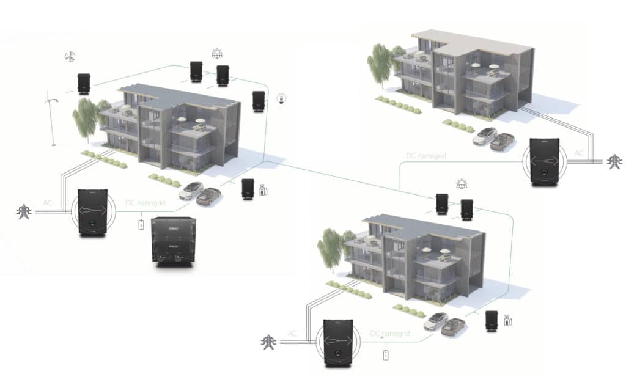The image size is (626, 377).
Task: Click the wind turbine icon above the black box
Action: pyautogui.click(x=70, y=57)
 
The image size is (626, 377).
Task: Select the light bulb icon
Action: pyautogui.click(x=282, y=98)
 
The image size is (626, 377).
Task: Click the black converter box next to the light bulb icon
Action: pyautogui.click(x=259, y=101)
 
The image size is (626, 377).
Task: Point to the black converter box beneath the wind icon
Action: pyautogui.click(x=84, y=84)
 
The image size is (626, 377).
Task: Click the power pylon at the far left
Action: pyautogui.click(x=23, y=212)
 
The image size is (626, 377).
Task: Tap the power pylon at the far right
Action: pyautogui.click(x=613, y=162)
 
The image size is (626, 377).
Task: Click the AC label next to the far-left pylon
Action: pyautogui.click(x=48, y=202)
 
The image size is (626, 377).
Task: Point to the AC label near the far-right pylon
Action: pyautogui.click(x=578, y=153)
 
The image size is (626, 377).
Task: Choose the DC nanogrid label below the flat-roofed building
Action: pyautogui.click(x=426, y=156)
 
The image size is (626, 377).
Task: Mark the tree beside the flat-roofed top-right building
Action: pyautogui.click(x=380, y=63)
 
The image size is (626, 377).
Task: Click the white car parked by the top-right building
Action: pyautogui.click(x=485, y=135)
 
